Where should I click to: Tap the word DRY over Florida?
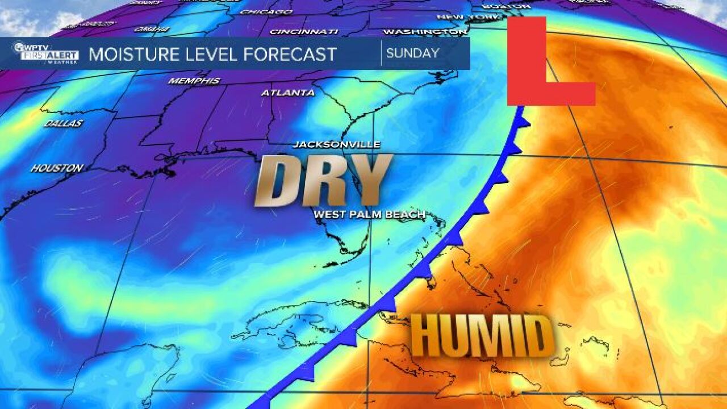[323, 180]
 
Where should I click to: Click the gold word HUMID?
[482, 336]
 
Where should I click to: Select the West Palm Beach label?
[369, 214]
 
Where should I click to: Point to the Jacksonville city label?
[336, 145]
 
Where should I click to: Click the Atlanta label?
[287, 93]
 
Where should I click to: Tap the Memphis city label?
[194, 81]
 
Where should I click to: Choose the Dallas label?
[63, 123]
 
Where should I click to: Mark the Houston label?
[57, 168]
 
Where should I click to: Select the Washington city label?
[425, 32]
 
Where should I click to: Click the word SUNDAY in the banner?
[412, 53]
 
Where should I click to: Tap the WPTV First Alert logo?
[45, 53]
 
